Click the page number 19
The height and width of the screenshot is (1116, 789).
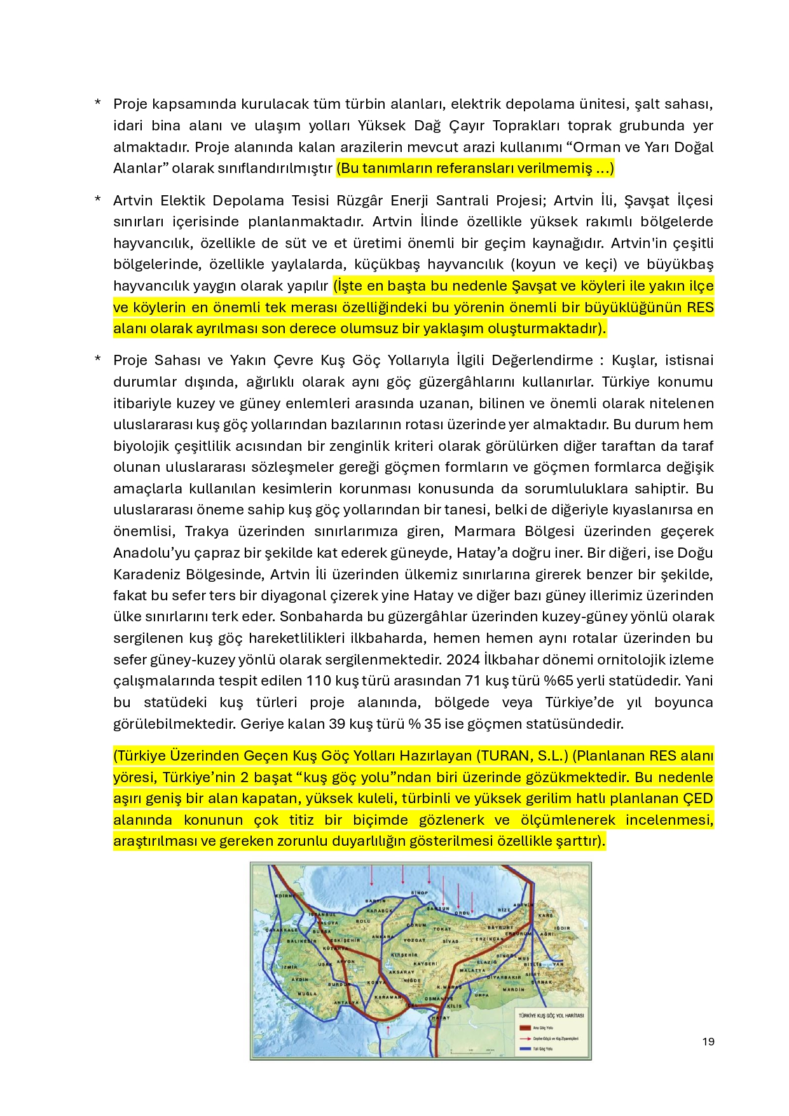(708, 1041)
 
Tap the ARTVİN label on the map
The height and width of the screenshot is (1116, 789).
(523, 904)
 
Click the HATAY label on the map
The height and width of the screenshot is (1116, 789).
(441, 1018)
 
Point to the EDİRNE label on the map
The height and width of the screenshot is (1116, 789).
(284, 895)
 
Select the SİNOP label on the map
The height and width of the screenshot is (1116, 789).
(419, 893)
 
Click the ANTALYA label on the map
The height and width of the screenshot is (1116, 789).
(346, 1003)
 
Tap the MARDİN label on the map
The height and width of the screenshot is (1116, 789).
(514, 989)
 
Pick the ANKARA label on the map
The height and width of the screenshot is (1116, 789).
(383, 937)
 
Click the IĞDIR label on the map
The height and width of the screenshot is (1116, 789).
(563, 928)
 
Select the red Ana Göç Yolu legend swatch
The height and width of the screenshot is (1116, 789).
(525, 1027)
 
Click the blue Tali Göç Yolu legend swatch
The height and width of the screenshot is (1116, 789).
(525, 1049)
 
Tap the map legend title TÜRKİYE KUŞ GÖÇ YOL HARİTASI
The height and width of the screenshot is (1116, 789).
(551, 1016)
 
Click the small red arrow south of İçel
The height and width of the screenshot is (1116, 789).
(388, 1028)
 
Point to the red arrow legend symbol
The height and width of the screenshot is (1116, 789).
(525, 1038)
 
